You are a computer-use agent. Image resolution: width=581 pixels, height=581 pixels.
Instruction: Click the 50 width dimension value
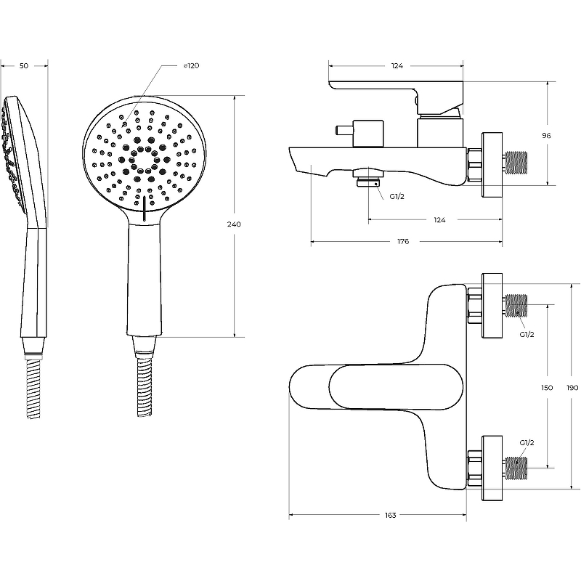23,66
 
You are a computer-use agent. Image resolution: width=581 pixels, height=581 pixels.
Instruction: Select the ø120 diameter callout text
191,66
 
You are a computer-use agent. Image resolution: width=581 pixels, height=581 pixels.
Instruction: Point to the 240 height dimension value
234,224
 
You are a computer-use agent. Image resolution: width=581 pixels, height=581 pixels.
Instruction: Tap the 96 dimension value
547,136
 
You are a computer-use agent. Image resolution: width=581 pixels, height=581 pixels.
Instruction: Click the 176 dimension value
404,242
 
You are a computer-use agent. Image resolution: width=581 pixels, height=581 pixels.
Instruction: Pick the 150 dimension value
548,388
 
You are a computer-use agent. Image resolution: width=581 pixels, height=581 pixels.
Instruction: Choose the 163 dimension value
390,516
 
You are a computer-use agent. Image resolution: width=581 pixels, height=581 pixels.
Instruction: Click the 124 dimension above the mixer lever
397,66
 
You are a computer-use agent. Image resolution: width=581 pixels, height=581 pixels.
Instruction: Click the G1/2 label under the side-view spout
397,197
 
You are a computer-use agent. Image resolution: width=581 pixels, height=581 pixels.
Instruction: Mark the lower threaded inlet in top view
517,466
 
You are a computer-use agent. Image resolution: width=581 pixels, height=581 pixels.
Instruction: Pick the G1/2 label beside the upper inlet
527,334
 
